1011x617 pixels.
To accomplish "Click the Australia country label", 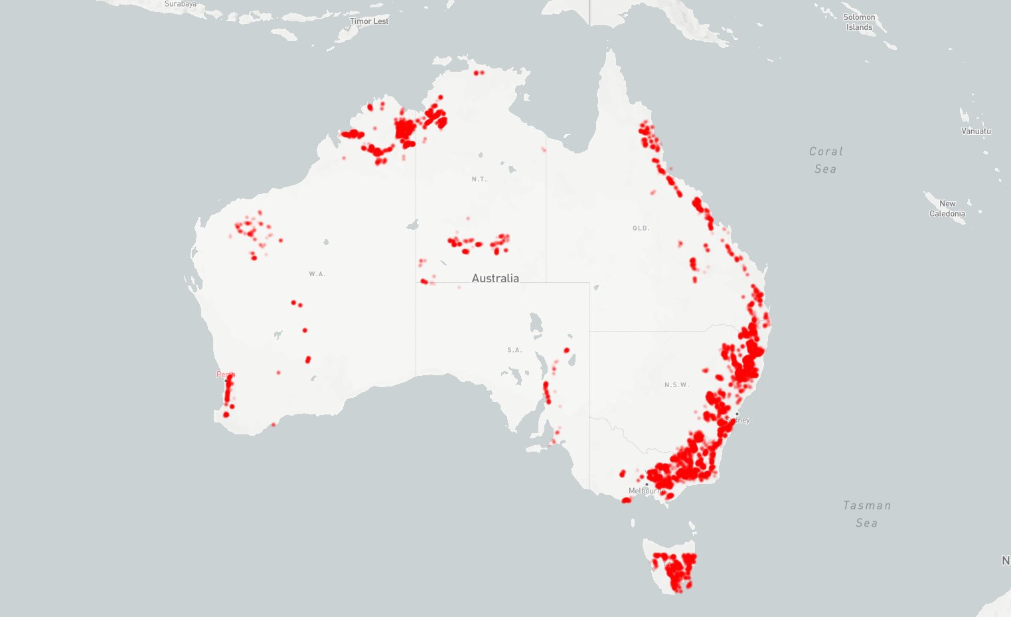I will [x=495, y=278].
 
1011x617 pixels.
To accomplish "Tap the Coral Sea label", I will [x=826, y=160].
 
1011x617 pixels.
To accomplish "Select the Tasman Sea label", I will [x=866, y=514].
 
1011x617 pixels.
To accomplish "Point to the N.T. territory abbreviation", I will [x=479, y=179].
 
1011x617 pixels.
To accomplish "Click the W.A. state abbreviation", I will [x=317, y=274].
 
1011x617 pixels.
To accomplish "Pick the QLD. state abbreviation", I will [x=641, y=228].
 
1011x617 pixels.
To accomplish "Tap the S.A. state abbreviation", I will [x=514, y=350].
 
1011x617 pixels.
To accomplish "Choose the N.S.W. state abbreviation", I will [x=676, y=385].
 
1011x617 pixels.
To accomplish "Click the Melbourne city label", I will [x=645, y=491].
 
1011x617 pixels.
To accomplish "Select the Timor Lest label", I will [x=369, y=21].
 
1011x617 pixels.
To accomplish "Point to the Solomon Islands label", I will [x=859, y=22].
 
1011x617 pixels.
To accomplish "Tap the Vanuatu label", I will [x=976, y=131].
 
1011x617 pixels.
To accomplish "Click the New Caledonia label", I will [x=947, y=209].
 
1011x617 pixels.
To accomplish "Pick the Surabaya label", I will [x=181, y=4].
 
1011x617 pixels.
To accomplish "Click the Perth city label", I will [x=224, y=375].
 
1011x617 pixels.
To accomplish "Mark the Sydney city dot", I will [x=737, y=414].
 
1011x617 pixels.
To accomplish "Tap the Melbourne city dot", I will [x=647, y=484].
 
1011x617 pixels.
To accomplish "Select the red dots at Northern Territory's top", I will [x=479, y=72].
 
